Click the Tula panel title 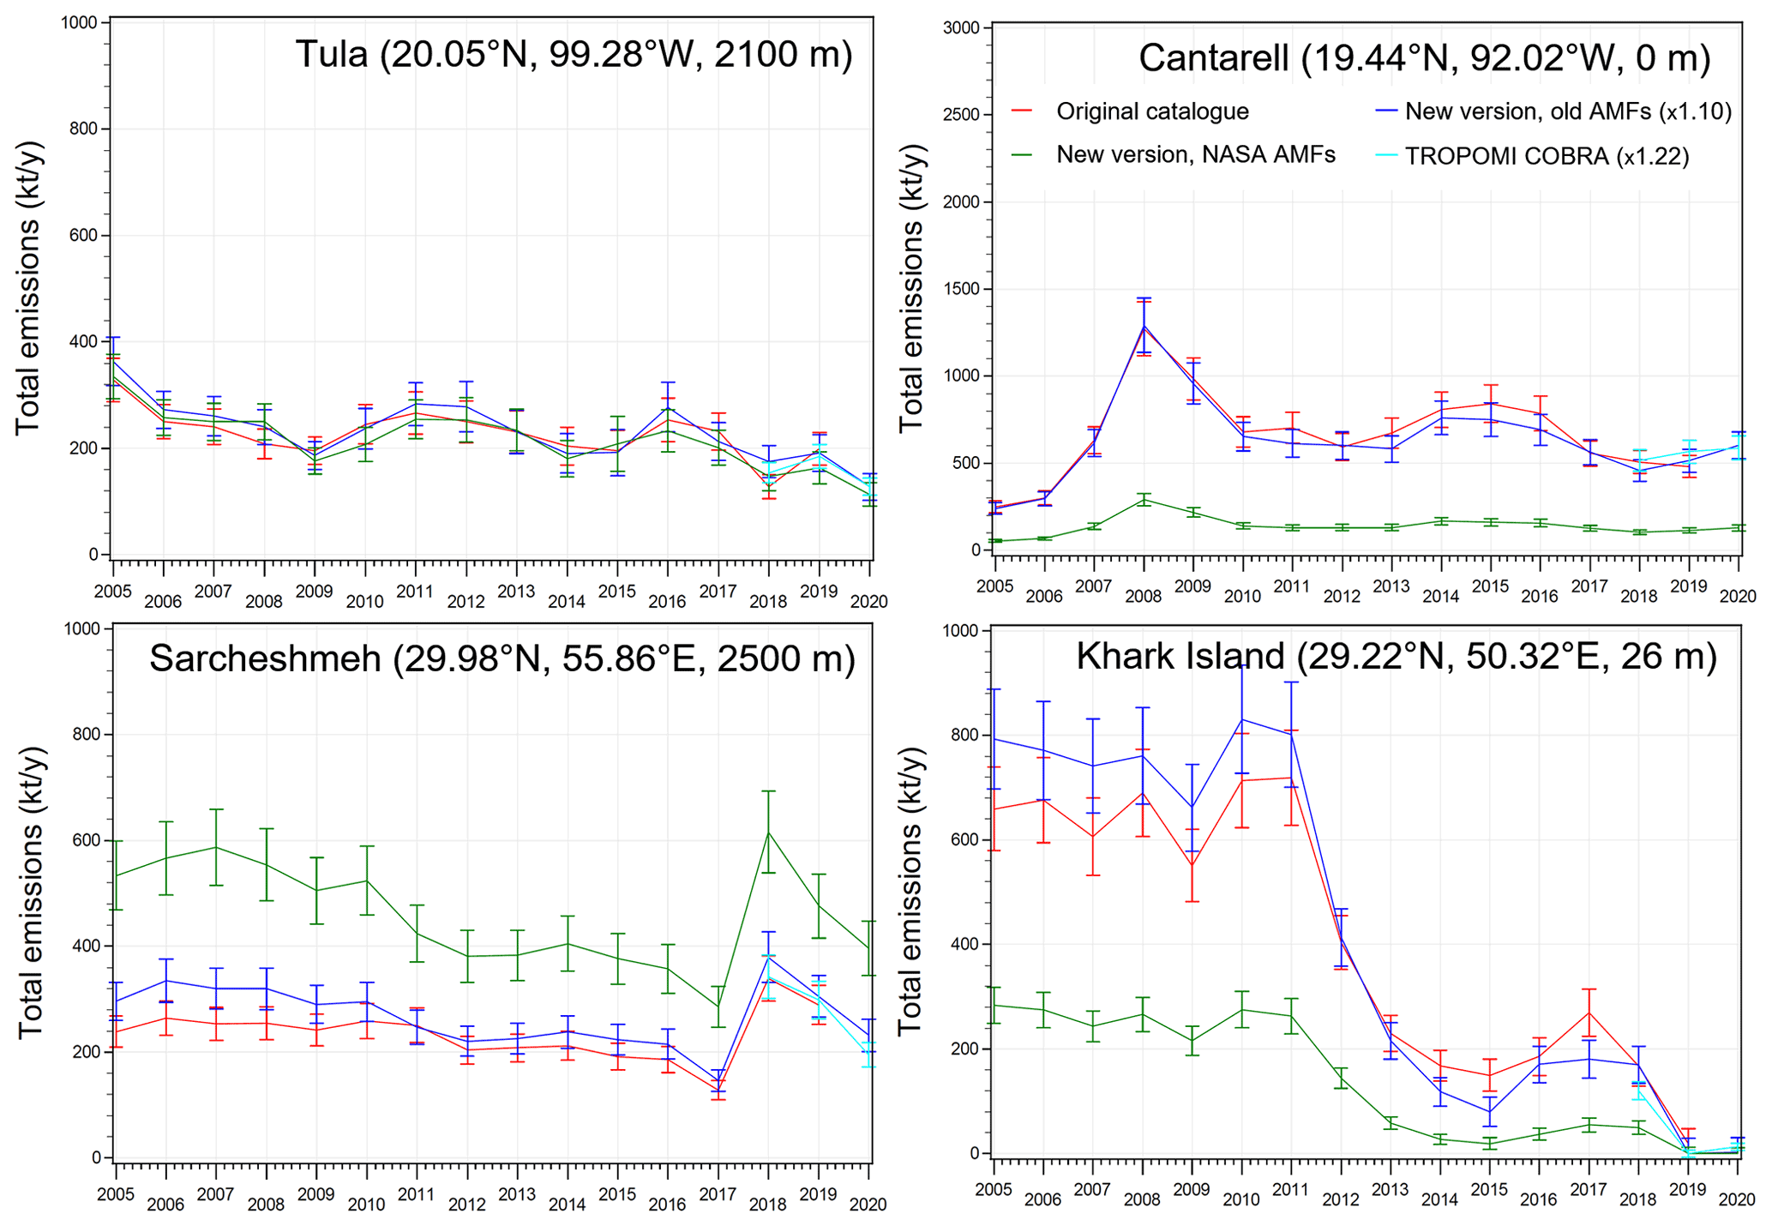point(574,54)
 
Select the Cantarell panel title point(1424,58)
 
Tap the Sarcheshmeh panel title point(502,658)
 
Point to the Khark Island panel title point(1397,656)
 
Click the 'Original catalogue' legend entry point(1151,111)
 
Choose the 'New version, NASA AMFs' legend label point(1195,154)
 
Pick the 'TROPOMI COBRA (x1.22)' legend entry point(1547,156)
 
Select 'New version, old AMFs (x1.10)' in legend point(1568,111)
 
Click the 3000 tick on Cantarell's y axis point(960,27)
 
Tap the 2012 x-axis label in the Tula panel point(466,601)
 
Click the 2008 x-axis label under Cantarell point(1143,596)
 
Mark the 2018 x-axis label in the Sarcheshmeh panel point(768,1204)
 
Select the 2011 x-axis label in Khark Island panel point(1290,1189)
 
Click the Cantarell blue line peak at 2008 point(1144,326)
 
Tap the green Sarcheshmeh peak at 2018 point(769,832)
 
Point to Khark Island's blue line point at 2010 point(1241,718)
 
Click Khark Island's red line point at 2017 point(1589,1013)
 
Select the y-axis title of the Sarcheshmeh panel point(30,892)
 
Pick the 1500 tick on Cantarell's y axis point(960,289)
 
